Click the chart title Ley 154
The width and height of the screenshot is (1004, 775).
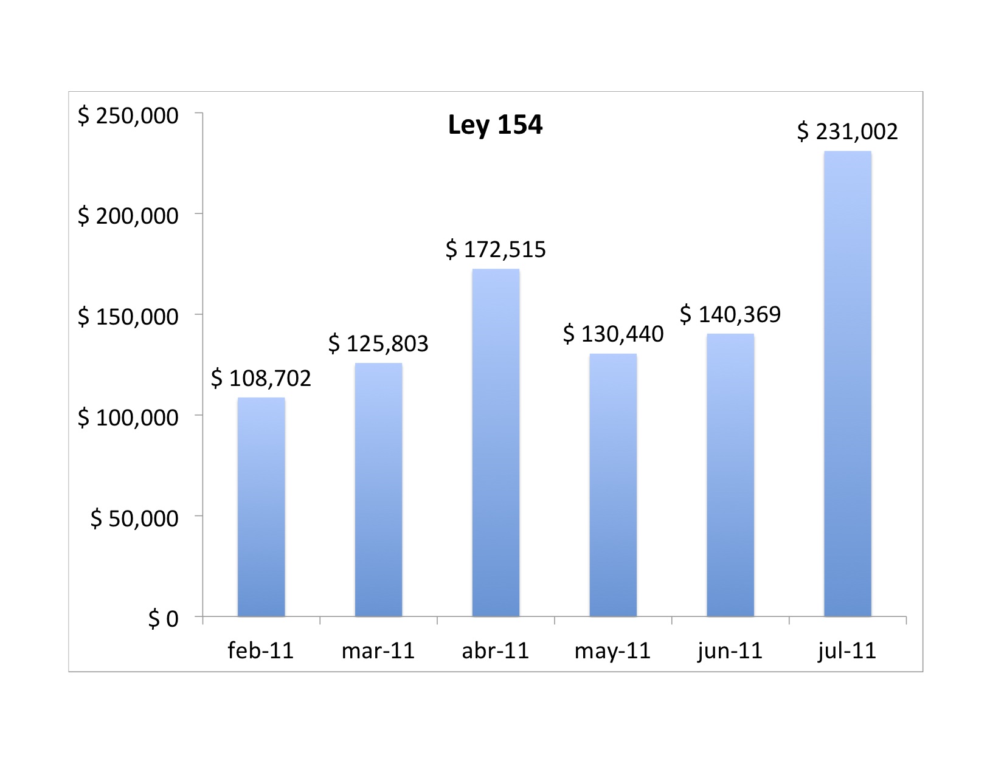[495, 125]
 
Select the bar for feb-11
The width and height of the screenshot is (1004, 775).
[261, 507]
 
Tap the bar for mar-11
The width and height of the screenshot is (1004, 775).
[378, 489]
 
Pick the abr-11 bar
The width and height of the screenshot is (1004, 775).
[496, 443]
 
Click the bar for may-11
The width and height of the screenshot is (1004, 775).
[613, 485]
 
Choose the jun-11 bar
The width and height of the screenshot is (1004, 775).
[730, 475]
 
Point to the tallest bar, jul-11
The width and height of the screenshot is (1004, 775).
[848, 384]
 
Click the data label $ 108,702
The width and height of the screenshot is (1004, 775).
[261, 378]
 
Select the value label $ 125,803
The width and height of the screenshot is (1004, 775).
[378, 343]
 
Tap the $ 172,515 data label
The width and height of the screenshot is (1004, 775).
[496, 249]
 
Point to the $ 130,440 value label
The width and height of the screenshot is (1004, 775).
[613, 334]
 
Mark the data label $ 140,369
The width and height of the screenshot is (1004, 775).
[730, 314]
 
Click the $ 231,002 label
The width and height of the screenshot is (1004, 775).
[848, 132]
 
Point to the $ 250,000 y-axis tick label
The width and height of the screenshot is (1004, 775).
[128, 115]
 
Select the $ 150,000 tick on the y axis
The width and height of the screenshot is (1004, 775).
[128, 317]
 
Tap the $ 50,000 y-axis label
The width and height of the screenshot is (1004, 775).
[134, 518]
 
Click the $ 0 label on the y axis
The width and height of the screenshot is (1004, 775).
[163, 619]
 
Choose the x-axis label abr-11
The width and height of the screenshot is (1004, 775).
[495, 651]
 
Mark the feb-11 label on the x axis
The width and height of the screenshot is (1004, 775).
[261, 651]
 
